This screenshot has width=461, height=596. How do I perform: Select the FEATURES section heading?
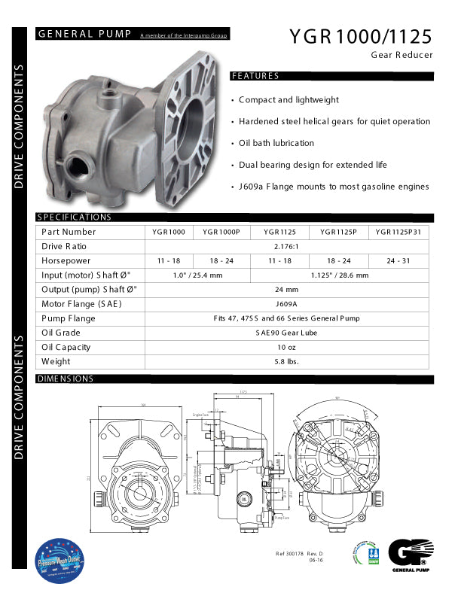(255, 76)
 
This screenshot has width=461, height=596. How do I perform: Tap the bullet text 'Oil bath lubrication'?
(276, 143)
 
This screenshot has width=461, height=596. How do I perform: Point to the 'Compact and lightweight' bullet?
(289, 99)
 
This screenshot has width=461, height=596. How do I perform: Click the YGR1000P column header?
(221, 232)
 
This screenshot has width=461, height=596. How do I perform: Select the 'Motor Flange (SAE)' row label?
(81, 304)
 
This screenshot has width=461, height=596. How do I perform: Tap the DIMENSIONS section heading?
(65, 379)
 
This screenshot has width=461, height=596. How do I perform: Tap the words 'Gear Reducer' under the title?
(402, 55)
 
